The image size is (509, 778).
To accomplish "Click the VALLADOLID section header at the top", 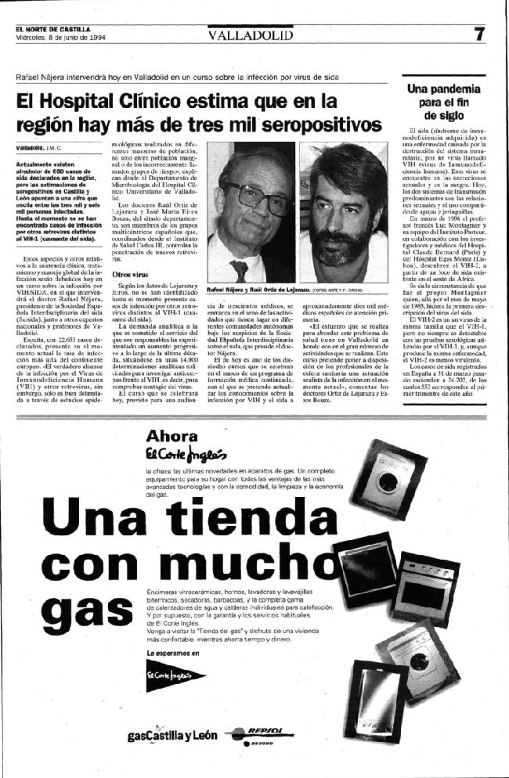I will (x=251, y=35).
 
